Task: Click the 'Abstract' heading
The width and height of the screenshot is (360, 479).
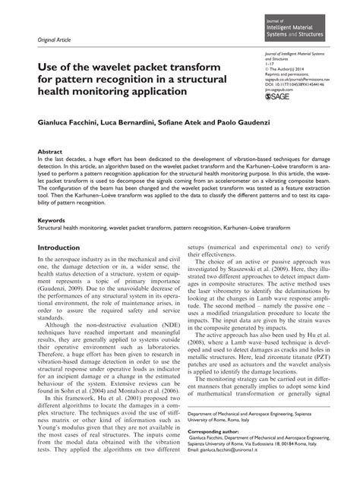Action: click(x=49, y=152)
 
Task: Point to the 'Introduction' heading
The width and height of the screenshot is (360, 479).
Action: click(x=64, y=247)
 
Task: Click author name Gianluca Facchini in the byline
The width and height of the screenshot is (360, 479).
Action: click(x=71, y=121)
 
